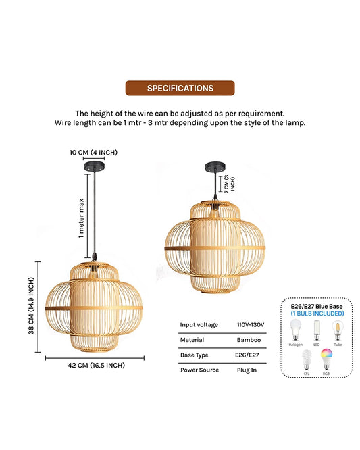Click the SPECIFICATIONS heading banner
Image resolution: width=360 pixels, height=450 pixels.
tap(180, 88)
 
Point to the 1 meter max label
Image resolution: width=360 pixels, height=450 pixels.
tap(82, 218)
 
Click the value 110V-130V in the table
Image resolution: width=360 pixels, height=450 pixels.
tap(251, 325)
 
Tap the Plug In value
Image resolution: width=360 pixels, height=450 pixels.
tap(247, 370)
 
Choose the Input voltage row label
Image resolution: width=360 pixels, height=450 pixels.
tap(199, 325)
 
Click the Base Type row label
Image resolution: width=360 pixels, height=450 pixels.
tap(194, 355)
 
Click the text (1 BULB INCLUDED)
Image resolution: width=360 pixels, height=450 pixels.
tap(317, 314)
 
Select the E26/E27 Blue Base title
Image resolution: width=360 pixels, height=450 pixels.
tap(317, 306)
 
